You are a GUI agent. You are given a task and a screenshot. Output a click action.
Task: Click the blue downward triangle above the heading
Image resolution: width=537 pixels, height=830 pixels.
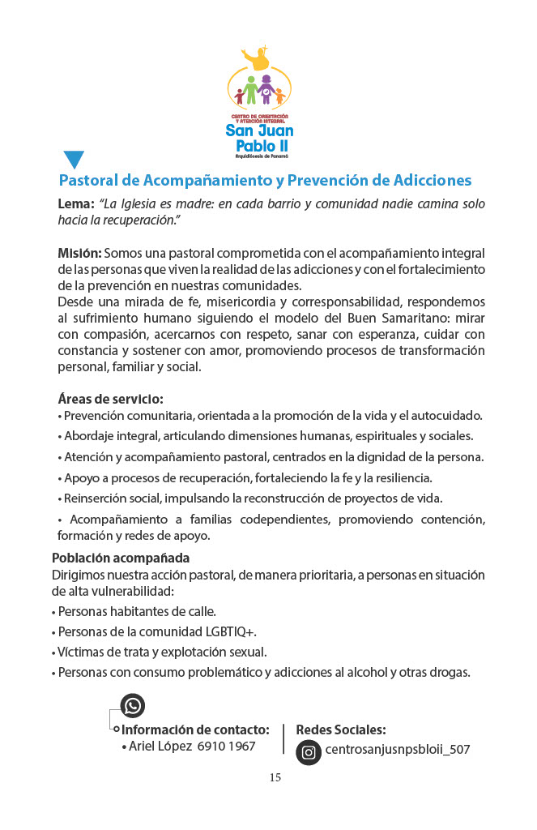point(74,159)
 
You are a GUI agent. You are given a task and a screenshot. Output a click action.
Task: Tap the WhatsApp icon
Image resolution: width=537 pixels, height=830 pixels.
point(132,706)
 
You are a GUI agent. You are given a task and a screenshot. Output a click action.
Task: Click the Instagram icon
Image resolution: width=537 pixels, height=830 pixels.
point(309,751)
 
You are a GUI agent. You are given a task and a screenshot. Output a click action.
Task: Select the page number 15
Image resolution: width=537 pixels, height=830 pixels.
point(275,777)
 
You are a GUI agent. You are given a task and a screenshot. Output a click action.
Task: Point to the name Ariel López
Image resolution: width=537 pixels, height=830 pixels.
point(160,746)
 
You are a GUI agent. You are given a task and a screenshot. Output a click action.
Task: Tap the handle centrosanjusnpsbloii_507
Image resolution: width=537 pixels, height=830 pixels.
point(397,751)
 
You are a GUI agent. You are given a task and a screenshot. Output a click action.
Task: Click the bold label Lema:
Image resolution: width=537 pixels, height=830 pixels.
point(76,204)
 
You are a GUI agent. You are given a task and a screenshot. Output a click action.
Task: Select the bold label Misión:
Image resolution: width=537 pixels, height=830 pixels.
point(79,253)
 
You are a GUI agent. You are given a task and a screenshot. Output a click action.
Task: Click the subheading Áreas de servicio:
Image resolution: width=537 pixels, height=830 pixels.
point(110,399)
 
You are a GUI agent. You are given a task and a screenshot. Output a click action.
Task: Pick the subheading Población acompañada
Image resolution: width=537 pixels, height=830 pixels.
point(121,558)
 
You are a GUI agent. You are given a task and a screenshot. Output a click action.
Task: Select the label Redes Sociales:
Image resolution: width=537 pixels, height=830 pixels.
point(340,729)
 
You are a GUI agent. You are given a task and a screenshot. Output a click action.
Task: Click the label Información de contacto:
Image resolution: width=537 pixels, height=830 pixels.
point(195,729)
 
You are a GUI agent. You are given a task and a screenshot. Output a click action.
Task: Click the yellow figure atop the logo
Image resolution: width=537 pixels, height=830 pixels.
point(257,61)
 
